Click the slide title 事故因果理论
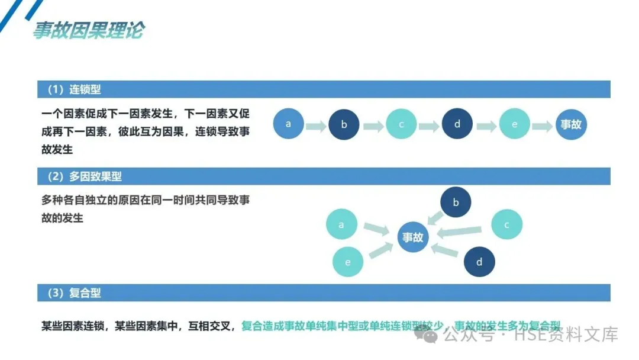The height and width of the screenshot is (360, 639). (x=88, y=30)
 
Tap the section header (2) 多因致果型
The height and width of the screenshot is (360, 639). (x=83, y=176)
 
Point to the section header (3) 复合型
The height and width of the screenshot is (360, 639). (x=73, y=292)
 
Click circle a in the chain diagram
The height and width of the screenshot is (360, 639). (x=288, y=124)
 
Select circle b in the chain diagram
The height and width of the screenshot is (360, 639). (x=344, y=125)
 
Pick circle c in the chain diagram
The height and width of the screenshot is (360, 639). (x=401, y=124)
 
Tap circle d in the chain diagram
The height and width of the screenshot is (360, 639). (x=457, y=124)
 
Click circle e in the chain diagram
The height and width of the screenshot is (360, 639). (x=514, y=124)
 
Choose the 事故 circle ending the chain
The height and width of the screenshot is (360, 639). (x=571, y=124)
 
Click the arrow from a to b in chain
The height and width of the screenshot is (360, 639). (x=316, y=126)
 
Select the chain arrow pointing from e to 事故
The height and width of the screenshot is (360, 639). (x=542, y=126)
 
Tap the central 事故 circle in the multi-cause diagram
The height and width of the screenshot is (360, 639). (x=413, y=237)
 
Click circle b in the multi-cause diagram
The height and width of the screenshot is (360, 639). (x=456, y=202)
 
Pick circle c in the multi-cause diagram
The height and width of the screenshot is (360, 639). (x=506, y=225)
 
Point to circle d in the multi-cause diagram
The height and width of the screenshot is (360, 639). (x=479, y=262)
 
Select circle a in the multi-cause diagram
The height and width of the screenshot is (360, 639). (x=341, y=225)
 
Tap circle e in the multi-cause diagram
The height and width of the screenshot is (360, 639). (x=348, y=262)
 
